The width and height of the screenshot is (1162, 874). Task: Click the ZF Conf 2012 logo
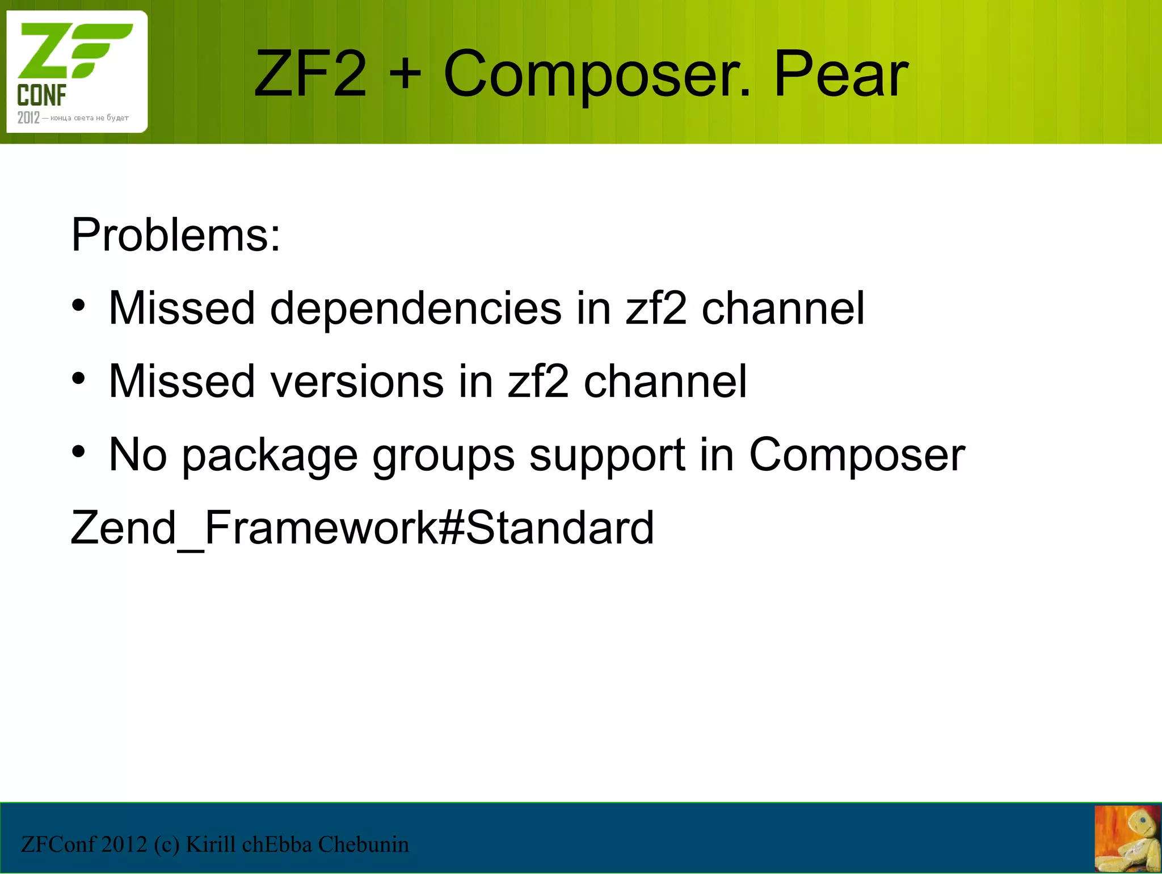pos(77,72)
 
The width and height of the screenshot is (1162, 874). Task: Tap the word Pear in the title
pos(841,74)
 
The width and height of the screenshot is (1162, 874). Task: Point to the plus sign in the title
pos(406,74)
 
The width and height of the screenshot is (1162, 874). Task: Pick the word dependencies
pos(415,308)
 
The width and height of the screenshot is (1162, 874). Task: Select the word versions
pos(357,382)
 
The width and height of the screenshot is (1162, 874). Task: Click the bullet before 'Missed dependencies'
pos(78,306)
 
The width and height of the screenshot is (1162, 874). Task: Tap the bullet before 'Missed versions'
pos(78,379)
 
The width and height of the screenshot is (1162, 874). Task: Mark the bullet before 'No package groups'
pos(78,452)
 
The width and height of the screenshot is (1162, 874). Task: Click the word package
pos(270,456)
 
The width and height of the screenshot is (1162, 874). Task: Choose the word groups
pos(443,456)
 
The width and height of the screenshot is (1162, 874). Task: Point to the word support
pos(607,456)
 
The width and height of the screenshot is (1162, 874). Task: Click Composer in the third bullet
pos(857,455)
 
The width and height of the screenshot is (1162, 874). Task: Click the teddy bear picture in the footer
pos(1127,839)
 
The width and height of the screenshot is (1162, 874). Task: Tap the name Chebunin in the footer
pos(363,844)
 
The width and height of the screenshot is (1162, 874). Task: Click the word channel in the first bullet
pos(783,308)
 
